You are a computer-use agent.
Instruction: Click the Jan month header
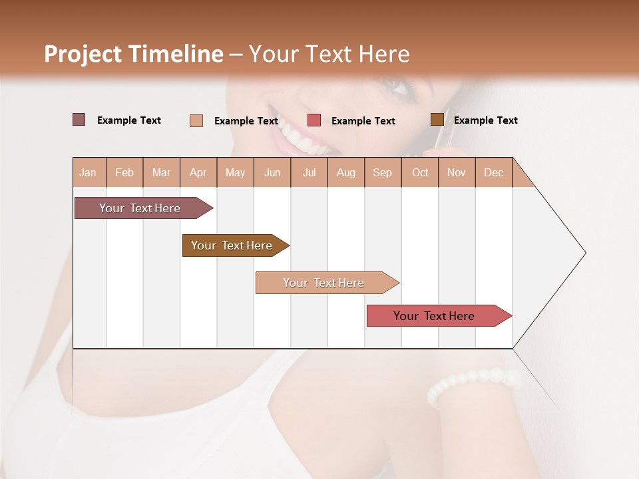[x=88, y=172]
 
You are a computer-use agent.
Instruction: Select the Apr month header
[x=198, y=172]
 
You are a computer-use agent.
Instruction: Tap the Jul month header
[x=309, y=172]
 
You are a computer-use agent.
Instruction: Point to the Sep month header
[x=382, y=172]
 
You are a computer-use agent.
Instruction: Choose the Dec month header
[x=493, y=172]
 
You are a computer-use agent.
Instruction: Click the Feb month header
[x=124, y=172]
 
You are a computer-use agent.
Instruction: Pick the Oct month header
[x=420, y=172]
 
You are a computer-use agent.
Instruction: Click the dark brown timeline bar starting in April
[x=234, y=245]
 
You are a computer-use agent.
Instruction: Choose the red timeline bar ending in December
[x=437, y=316]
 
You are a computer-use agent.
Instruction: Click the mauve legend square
[x=79, y=120]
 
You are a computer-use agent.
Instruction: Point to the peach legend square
[x=196, y=120]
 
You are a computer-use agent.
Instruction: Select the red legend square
[x=314, y=120]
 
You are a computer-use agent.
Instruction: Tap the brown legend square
[x=437, y=120]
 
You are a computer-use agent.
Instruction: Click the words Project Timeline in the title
[x=134, y=54]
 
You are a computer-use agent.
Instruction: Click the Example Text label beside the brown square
[x=485, y=120]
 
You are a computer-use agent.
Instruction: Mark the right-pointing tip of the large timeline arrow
[x=584, y=253]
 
